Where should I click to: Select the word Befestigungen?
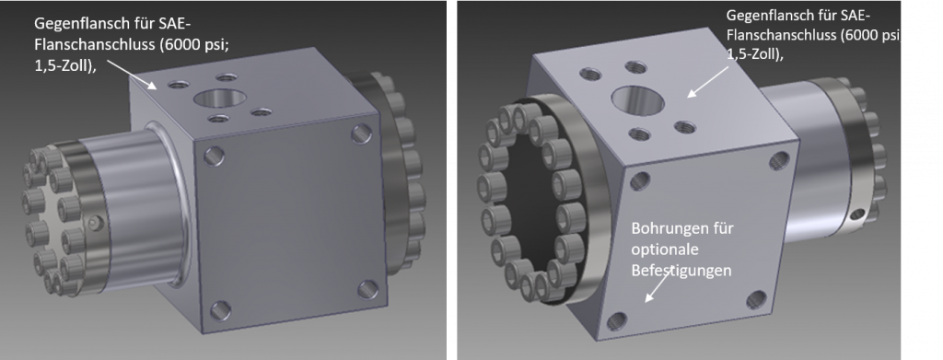[681, 271]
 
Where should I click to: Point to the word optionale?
[661, 250]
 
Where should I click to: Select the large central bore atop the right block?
[637, 99]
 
